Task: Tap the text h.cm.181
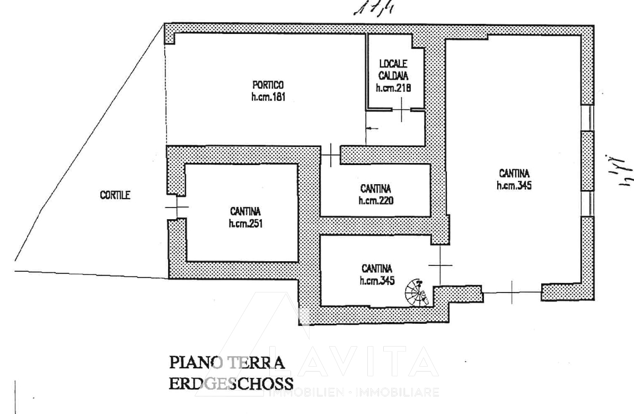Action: click(268, 97)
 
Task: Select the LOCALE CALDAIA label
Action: click(393, 69)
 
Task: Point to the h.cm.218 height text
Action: click(393, 89)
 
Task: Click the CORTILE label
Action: click(115, 195)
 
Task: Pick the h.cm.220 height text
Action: click(376, 201)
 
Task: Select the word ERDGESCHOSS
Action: click(231, 384)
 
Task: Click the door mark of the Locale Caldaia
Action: click(402, 110)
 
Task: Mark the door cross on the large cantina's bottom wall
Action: click(512, 291)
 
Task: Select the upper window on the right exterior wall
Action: click(587, 118)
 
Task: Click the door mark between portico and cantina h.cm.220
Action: click(331, 154)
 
